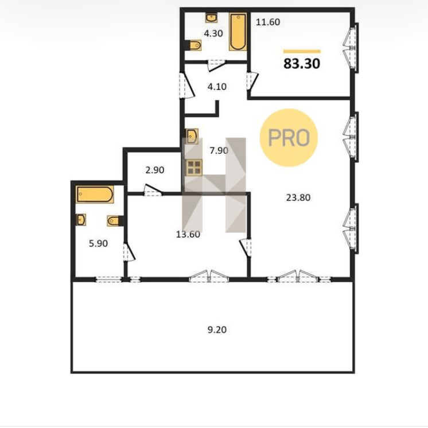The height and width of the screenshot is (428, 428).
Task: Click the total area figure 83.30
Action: (x=302, y=64)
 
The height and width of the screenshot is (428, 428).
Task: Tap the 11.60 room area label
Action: (x=268, y=22)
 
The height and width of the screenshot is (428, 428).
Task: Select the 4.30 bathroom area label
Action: (x=213, y=33)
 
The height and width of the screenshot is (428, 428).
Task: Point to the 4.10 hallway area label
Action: (x=217, y=87)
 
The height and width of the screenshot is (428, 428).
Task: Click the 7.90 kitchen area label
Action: (x=219, y=150)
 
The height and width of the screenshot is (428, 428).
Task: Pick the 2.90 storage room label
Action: (x=155, y=170)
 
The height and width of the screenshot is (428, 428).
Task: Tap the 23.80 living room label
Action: (x=298, y=197)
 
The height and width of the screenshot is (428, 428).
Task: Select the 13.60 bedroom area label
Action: (x=188, y=234)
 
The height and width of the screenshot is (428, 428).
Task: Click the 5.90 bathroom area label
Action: (x=98, y=243)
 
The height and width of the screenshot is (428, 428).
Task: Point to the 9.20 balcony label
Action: (x=217, y=330)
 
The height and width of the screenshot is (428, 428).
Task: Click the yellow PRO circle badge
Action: (x=289, y=138)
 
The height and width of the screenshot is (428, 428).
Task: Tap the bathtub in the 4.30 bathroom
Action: (x=238, y=32)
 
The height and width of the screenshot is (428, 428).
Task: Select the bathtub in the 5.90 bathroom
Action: (x=95, y=194)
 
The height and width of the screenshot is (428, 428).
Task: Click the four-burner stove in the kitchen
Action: (x=194, y=168)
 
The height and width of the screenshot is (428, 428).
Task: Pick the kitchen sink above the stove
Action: (x=192, y=136)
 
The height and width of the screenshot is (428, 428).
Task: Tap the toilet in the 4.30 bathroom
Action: (x=194, y=45)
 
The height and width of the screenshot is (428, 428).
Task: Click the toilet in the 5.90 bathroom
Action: (x=115, y=220)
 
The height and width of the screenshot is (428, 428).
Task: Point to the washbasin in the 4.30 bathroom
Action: (x=211, y=18)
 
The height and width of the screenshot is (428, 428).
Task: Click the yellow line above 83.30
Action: (x=302, y=51)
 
